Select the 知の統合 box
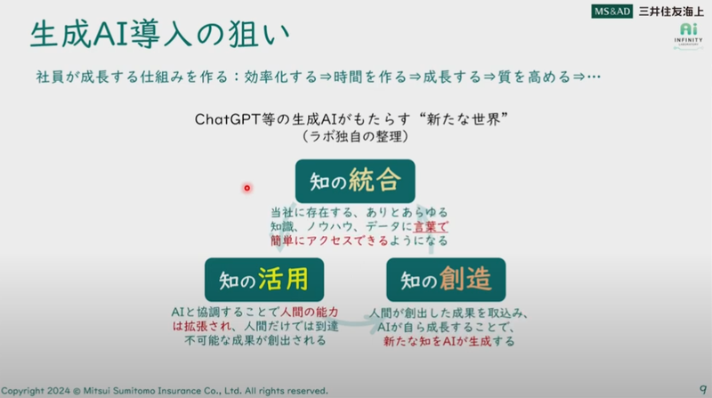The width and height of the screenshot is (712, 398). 355,182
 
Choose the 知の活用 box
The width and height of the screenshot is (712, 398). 263,280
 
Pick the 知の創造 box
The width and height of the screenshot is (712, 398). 446,280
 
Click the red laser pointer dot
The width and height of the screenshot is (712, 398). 247,187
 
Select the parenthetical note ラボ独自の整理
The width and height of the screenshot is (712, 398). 355,138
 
